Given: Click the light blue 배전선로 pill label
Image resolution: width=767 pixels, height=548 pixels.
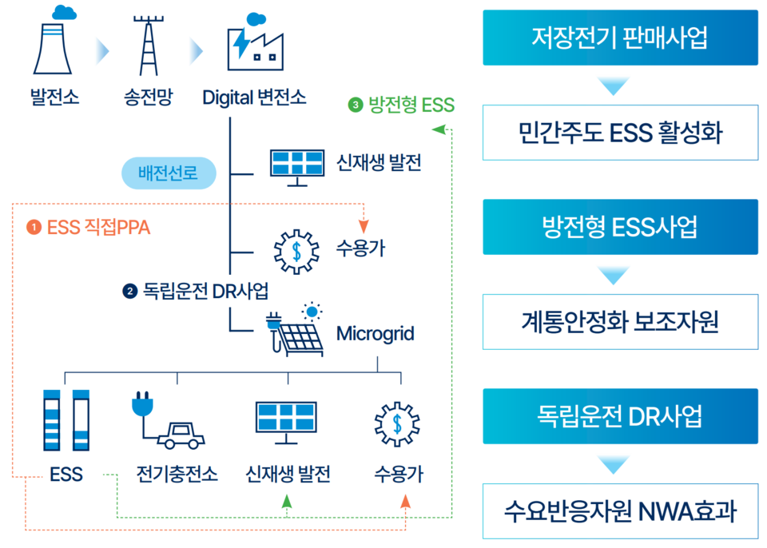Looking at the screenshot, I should [x=169, y=173].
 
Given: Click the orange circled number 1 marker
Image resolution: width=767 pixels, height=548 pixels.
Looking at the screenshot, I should [x=34, y=228].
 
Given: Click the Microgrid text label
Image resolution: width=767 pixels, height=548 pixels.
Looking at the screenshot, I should [x=375, y=333].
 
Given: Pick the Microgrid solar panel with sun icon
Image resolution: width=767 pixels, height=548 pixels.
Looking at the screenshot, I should [x=295, y=329].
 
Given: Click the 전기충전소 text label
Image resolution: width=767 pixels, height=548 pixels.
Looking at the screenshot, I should [x=177, y=474].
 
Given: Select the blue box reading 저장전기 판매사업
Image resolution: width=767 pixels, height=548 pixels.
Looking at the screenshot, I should [x=620, y=38].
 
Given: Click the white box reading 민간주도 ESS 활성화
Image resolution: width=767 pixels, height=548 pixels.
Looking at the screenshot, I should [x=620, y=132].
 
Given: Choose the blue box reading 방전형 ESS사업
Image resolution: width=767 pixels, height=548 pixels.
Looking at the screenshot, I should [x=620, y=227].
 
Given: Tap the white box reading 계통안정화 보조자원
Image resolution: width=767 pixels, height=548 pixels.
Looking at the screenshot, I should [x=620, y=321].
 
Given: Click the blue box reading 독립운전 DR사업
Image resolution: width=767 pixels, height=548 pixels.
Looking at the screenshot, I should [x=620, y=416].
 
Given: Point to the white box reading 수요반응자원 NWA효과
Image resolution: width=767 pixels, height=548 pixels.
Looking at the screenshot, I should [x=620, y=510].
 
